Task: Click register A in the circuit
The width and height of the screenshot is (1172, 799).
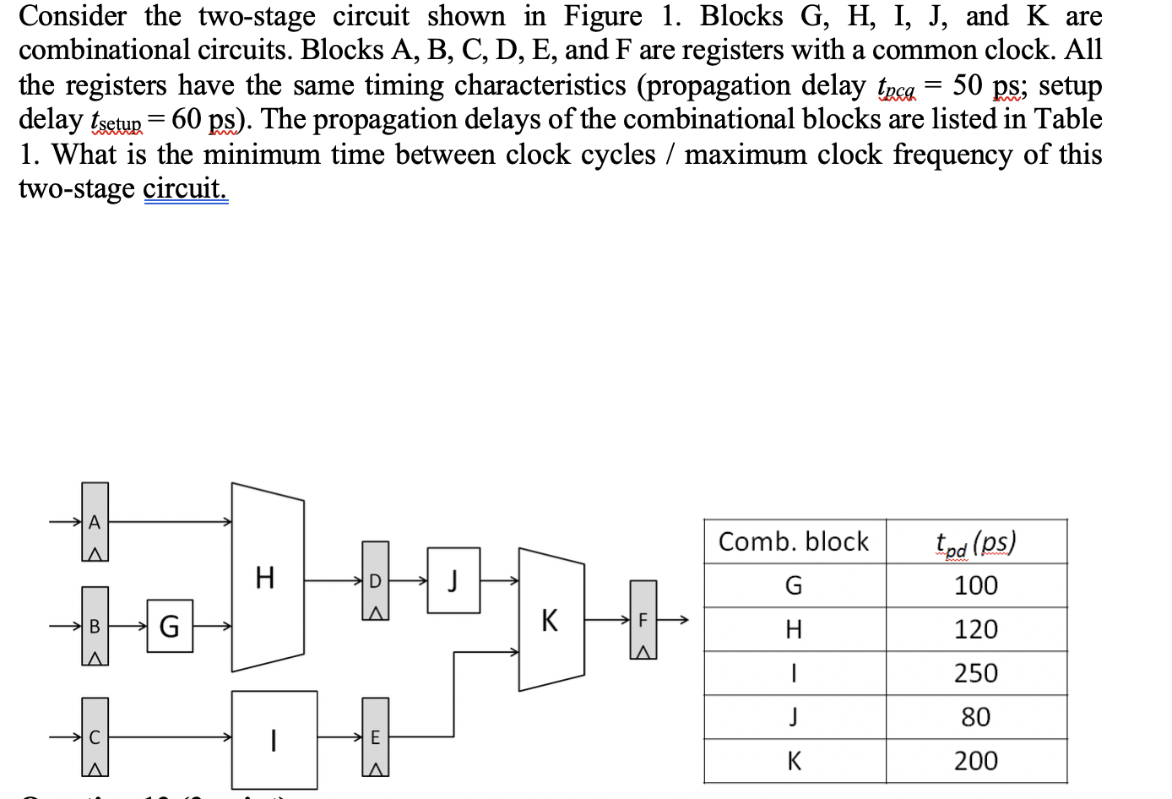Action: [x=95, y=522]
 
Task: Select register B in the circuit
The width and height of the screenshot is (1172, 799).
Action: [x=95, y=626]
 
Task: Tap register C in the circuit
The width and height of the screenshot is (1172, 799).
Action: [x=95, y=736]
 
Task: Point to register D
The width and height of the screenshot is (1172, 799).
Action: [x=376, y=580]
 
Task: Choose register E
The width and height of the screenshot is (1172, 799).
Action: [x=376, y=736]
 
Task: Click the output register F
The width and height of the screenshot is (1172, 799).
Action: [x=643, y=619]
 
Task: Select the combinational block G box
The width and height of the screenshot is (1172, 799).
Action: [x=169, y=626]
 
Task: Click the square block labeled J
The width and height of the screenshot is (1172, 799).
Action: [x=453, y=580]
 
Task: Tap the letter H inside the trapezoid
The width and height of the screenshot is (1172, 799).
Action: [x=264, y=578]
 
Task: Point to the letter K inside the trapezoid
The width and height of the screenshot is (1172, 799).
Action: [x=550, y=620]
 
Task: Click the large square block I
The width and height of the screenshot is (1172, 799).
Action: [x=274, y=740]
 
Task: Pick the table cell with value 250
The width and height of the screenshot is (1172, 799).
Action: [x=976, y=673]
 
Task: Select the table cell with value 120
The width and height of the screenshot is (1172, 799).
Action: [x=976, y=629]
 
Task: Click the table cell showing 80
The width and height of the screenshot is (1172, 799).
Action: [x=976, y=717]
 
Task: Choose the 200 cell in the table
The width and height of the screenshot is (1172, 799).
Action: [x=976, y=761]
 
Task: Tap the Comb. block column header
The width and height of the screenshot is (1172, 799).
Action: [x=794, y=541]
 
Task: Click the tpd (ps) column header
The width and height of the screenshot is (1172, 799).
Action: [x=976, y=541]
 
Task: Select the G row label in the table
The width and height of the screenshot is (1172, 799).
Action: [x=794, y=585]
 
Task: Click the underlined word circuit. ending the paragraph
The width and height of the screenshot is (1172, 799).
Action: [x=185, y=188]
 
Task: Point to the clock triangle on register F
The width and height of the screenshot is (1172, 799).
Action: [x=643, y=651]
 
